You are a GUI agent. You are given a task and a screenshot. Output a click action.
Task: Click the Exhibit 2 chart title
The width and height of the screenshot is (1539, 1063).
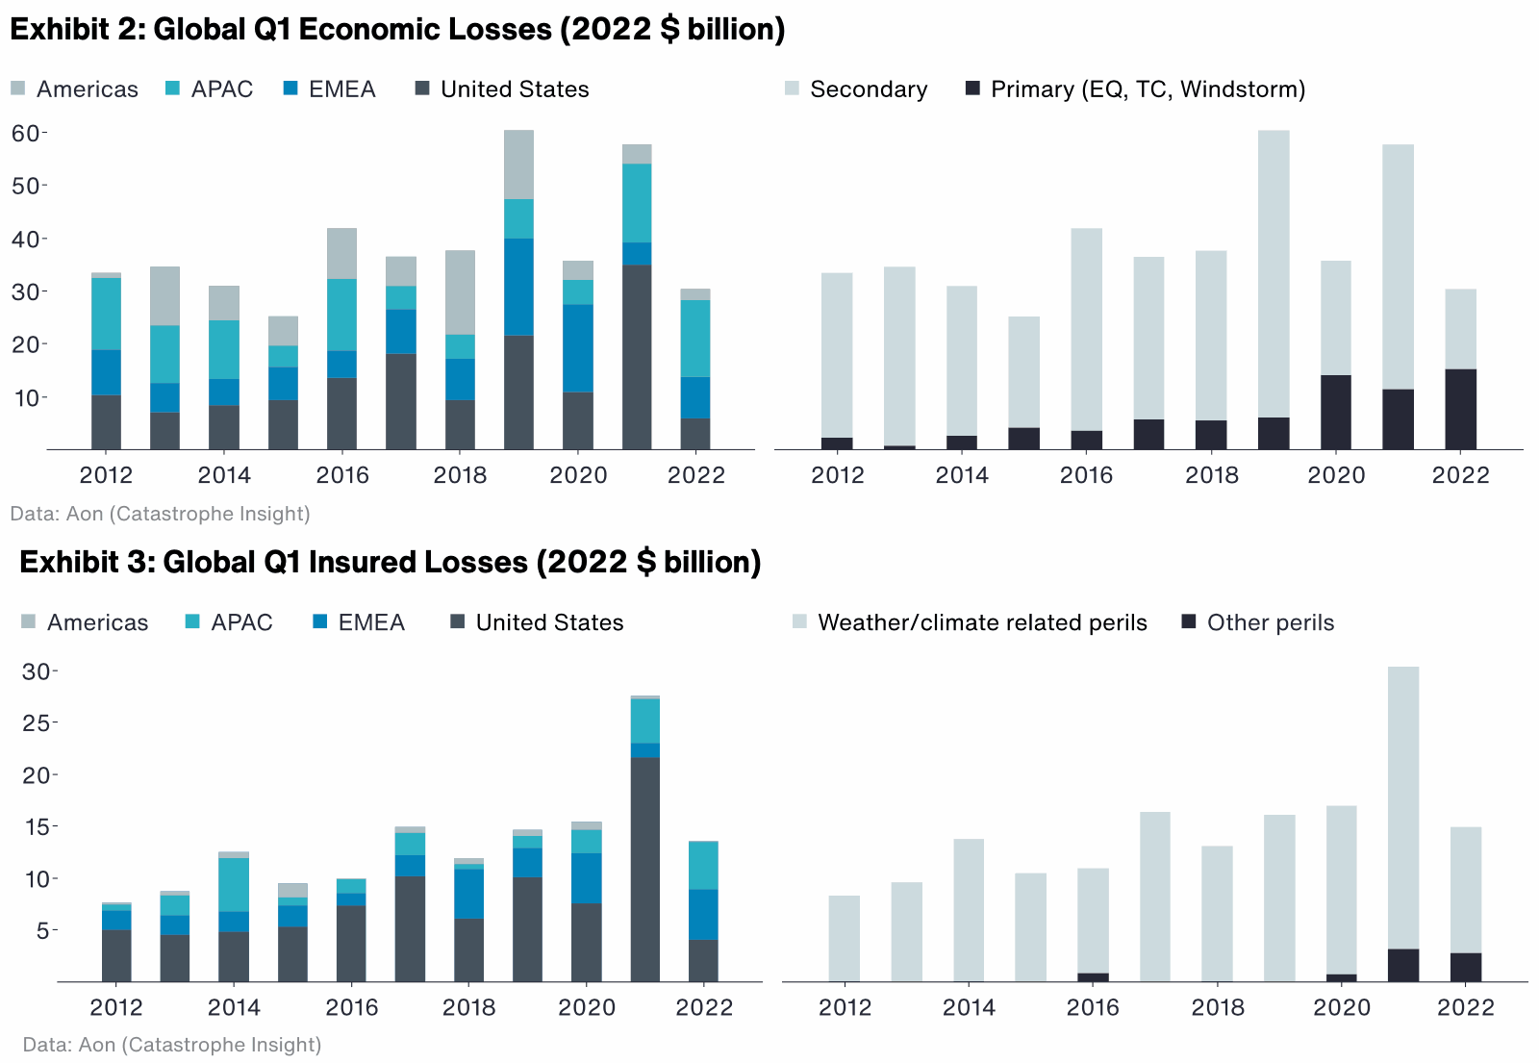(x=397, y=29)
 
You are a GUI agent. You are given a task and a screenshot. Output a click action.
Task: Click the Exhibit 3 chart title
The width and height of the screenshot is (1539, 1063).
(x=390, y=562)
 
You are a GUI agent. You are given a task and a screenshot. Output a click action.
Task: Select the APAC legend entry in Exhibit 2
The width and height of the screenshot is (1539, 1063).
(x=221, y=89)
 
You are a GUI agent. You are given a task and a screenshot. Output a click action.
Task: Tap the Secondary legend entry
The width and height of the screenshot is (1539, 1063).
(x=868, y=89)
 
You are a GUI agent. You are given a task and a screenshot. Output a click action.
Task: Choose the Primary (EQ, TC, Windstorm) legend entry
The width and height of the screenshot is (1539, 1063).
(x=1148, y=89)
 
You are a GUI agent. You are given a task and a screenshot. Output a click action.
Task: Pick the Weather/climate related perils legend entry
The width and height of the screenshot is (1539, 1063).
(x=981, y=622)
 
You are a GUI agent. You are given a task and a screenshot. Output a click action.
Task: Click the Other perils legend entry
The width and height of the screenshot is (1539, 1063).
(x=1270, y=622)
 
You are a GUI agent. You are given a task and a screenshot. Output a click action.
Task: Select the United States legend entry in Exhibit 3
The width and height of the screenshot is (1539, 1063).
(x=548, y=622)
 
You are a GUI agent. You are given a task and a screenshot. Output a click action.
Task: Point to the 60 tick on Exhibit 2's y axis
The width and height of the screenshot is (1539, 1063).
(x=26, y=133)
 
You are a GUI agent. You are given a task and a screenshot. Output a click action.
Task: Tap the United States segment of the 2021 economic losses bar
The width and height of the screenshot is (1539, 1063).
(x=637, y=356)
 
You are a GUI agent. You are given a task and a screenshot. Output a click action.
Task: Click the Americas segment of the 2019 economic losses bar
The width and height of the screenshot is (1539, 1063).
(x=519, y=165)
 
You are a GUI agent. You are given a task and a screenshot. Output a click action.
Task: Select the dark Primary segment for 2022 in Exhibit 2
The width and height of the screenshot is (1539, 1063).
(x=1460, y=409)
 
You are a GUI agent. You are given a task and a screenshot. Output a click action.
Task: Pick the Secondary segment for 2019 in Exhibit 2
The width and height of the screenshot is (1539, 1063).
(x=1274, y=274)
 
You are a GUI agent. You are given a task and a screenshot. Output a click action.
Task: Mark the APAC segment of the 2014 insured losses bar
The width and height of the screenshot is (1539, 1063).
(x=234, y=884)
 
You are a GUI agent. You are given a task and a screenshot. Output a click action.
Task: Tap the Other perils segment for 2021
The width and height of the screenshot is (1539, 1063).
(x=1403, y=965)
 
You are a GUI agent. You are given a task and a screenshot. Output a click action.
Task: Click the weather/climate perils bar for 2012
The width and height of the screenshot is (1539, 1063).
(x=845, y=938)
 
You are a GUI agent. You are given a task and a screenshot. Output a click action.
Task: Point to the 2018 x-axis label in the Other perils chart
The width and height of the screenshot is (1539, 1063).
(x=1218, y=1007)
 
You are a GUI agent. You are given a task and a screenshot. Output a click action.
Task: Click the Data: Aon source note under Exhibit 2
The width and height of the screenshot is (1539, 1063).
(x=160, y=514)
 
